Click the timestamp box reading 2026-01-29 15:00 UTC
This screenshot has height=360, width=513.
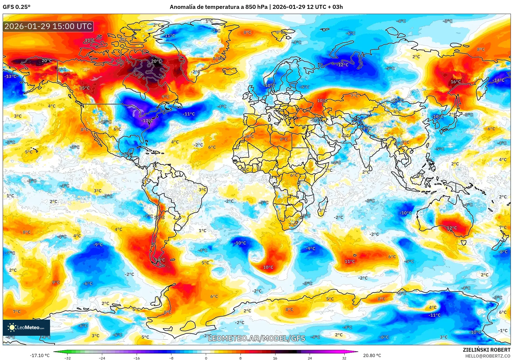(x=48, y=26)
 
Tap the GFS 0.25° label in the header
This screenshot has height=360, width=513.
(x=16, y=7)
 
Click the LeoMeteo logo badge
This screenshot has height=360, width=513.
(x=26, y=327)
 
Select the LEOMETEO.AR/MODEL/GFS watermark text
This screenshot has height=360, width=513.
(x=256, y=338)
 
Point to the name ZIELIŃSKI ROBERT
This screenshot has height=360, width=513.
(x=486, y=350)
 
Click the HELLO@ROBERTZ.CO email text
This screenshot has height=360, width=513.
(x=487, y=356)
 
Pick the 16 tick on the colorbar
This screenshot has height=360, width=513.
(x=275, y=358)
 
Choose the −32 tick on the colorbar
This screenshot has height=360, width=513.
(x=68, y=358)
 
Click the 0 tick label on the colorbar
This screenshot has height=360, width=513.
(x=206, y=358)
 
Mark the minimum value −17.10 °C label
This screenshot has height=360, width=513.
(x=40, y=355)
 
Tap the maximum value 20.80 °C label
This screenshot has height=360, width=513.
(x=372, y=355)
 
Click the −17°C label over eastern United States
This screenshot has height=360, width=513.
(x=147, y=121)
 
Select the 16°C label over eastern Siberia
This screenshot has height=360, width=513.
(x=456, y=82)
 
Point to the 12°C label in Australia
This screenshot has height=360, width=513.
(x=452, y=228)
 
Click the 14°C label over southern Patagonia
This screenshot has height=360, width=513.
(x=160, y=260)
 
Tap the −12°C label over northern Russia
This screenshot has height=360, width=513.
(x=342, y=65)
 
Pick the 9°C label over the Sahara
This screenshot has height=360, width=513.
(x=284, y=139)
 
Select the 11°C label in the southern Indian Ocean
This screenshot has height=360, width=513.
(x=350, y=261)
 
